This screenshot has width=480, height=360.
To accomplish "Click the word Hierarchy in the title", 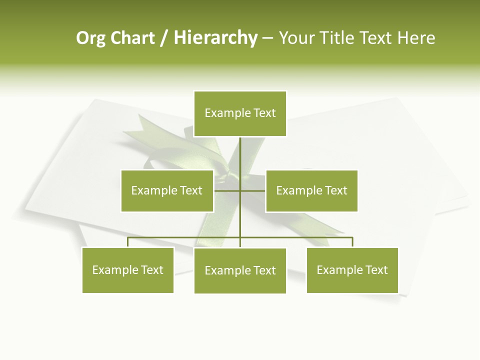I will [215, 38].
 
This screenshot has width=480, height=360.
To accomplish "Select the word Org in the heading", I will [90, 38].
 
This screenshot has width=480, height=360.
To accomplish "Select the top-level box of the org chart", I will [240, 113].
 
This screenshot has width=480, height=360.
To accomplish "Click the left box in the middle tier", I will [167, 190].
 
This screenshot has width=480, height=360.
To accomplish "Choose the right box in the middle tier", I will [311, 190].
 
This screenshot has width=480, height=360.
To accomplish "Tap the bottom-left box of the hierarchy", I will [128, 270].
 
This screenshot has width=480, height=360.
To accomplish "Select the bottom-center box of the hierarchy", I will [240, 270].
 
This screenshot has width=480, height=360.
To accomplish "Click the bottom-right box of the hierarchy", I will [352, 270].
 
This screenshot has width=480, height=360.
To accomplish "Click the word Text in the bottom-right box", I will [376, 270].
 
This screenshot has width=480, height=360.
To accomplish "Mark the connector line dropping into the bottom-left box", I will [128, 242].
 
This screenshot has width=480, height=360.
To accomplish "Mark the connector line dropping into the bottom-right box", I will [352, 242].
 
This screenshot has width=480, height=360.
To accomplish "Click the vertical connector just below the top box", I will [240, 150].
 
